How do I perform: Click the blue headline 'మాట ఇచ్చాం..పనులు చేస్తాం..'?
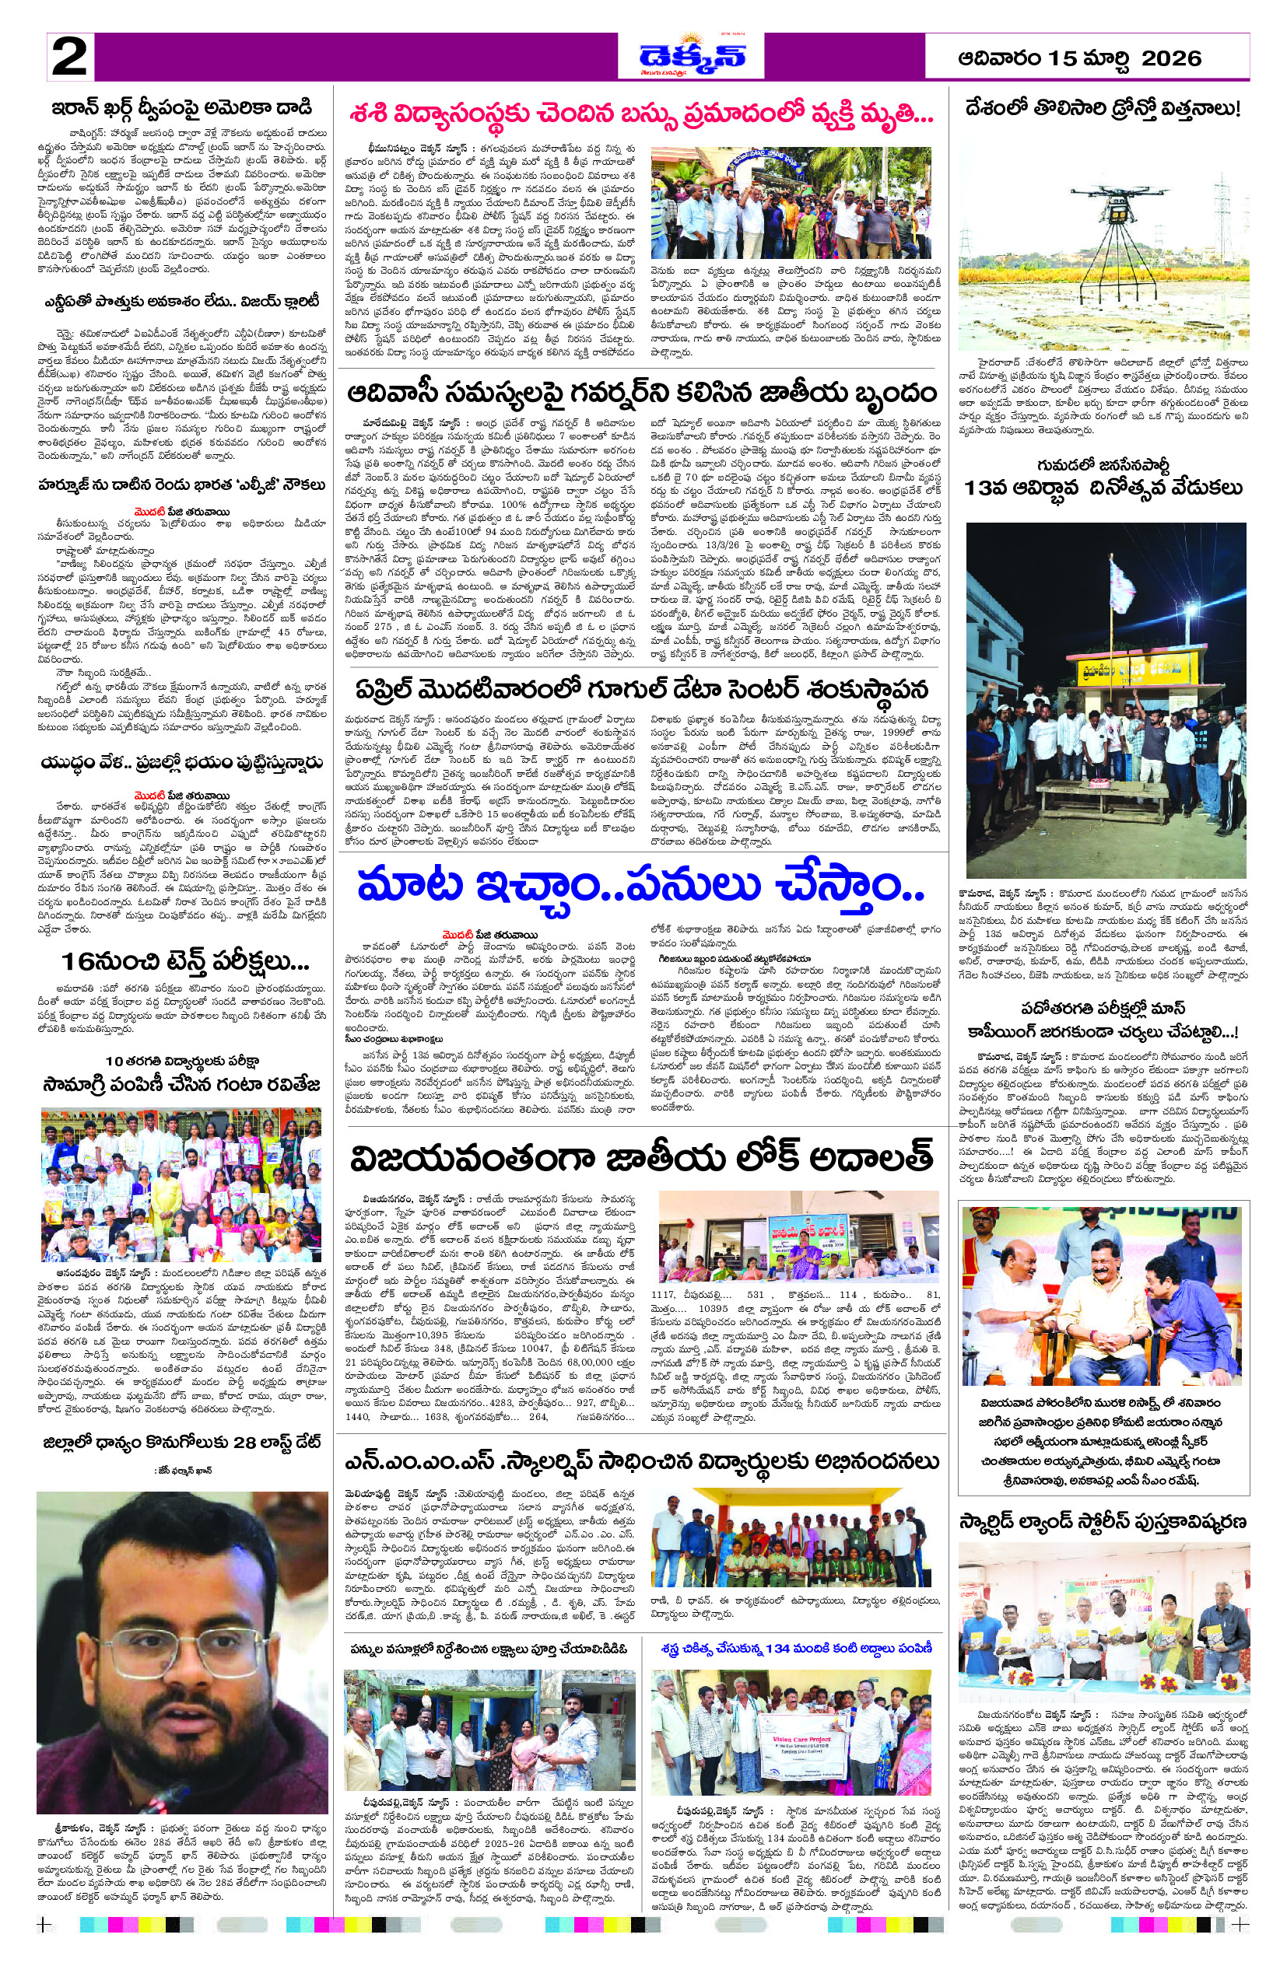(x=640, y=887)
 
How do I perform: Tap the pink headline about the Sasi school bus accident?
(x=640, y=114)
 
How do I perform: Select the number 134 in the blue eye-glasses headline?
(x=777, y=1648)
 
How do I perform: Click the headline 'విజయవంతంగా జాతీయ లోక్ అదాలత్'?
(x=640, y=1160)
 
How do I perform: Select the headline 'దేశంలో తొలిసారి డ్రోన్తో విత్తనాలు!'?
(x=1103, y=109)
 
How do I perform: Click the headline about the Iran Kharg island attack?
(x=181, y=108)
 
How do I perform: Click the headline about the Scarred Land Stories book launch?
(x=1103, y=1521)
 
